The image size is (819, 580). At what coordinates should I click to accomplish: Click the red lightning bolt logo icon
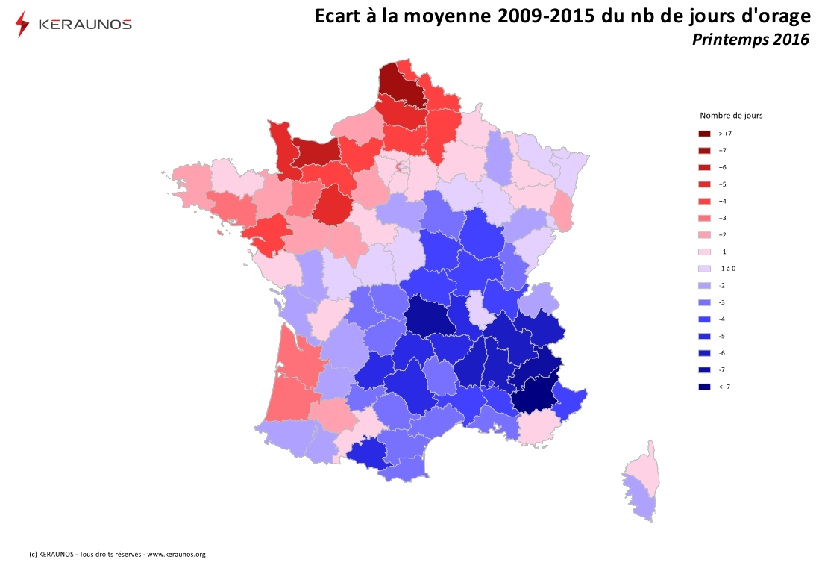pyautogui.click(x=22, y=24)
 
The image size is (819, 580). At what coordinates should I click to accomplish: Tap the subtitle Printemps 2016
pyautogui.click(x=750, y=40)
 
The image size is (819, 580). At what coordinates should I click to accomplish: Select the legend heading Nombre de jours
pyautogui.click(x=731, y=116)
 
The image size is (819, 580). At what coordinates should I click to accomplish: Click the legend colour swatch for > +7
pyautogui.click(x=704, y=134)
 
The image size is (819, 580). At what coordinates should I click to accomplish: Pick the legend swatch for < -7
pyautogui.click(x=704, y=387)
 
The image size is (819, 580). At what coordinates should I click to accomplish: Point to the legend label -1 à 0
pyautogui.click(x=727, y=269)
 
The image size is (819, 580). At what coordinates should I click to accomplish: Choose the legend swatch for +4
pyautogui.click(x=704, y=201)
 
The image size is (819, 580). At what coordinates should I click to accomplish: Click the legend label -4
pyautogui.click(x=722, y=319)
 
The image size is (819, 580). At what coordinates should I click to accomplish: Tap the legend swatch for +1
pyautogui.click(x=704, y=252)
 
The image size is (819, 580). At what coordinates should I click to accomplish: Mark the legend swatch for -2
pyautogui.click(x=704, y=285)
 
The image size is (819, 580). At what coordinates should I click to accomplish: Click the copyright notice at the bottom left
pyautogui.click(x=117, y=555)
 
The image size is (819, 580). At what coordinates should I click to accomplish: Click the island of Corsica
pyautogui.click(x=641, y=481)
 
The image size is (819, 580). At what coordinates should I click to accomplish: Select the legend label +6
pyautogui.click(x=723, y=167)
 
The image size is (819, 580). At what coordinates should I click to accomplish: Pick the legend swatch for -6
pyautogui.click(x=704, y=353)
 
